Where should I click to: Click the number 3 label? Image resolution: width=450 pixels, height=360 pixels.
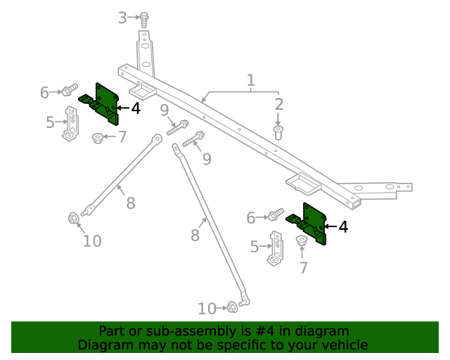(x=122, y=18)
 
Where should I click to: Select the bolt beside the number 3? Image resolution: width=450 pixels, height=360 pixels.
(x=144, y=19)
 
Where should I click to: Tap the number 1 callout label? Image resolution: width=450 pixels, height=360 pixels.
(x=250, y=81)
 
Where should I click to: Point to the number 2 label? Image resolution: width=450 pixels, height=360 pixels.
(x=279, y=105)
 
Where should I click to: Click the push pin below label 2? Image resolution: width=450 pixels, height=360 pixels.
(x=278, y=131)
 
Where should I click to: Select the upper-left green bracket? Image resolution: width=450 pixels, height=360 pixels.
(x=103, y=103)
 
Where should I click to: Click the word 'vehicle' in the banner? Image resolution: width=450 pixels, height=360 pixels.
(x=344, y=345)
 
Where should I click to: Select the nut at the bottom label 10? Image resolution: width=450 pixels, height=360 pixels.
(x=231, y=307)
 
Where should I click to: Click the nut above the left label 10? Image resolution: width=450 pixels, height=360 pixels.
(x=72, y=219)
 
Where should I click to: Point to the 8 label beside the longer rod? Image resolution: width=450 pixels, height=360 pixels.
(x=195, y=236)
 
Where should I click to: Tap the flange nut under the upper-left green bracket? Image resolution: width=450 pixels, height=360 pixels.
(x=98, y=137)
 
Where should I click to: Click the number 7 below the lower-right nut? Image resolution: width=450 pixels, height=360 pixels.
(x=304, y=267)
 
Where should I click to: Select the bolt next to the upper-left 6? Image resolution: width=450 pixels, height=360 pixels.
(x=69, y=90)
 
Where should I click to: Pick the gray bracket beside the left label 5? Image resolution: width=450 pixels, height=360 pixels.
(x=71, y=124)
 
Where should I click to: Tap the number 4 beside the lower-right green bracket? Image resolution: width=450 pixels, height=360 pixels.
(x=343, y=226)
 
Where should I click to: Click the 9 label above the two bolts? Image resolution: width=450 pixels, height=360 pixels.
(x=164, y=110)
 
